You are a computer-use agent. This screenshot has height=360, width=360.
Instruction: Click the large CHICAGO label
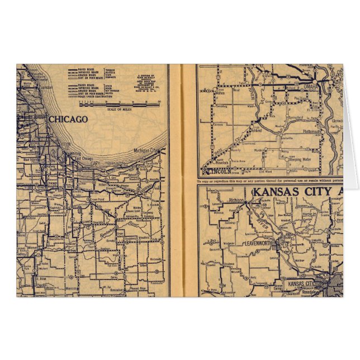coord(68,119)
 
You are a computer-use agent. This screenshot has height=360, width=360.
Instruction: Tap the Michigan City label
coord(148,151)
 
